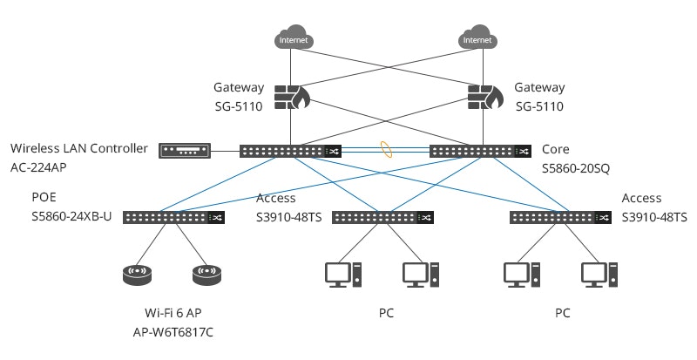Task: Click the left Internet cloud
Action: [x=294, y=38]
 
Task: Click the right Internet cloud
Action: [x=477, y=38]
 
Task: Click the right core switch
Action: [x=479, y=152]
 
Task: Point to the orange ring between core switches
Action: [x=386, y=151]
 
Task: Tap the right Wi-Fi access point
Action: [x=209, y=275]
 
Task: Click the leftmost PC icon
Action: [x=340, y=275]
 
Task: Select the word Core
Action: [x=556, y=149]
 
